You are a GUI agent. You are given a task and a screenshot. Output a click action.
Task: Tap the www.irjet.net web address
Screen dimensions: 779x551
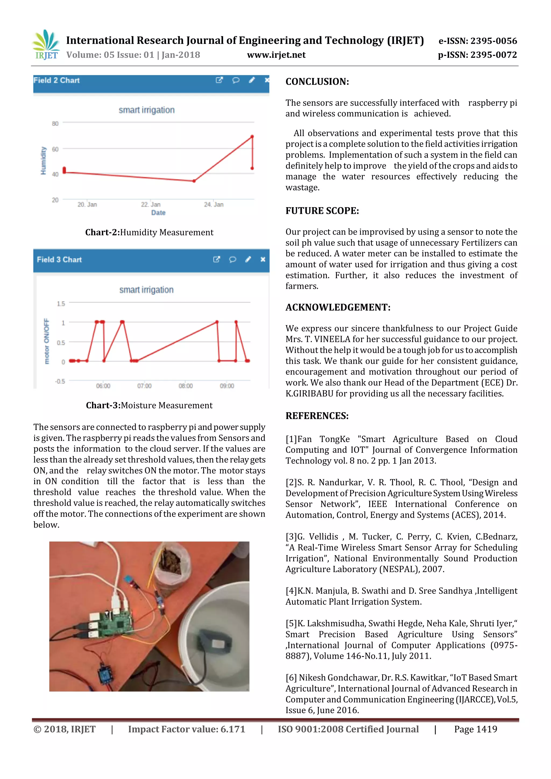pos(276,55)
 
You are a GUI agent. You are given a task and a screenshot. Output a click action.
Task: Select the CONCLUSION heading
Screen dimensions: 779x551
pos(317,82)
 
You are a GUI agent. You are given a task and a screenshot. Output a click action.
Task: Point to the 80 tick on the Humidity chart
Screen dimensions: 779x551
pos(55,123)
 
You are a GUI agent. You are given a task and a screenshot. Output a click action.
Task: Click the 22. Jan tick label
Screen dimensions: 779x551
pos(151,204)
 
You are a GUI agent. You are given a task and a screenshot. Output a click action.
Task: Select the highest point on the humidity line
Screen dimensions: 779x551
pos(252,136)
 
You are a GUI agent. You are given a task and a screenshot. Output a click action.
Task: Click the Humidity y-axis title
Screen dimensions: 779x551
pos(43,161)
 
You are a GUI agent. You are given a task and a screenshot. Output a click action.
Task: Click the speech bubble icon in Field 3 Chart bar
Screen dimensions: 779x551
pos(232,260)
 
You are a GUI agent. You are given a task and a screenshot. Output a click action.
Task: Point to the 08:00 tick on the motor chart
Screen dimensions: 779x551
pos(186,386)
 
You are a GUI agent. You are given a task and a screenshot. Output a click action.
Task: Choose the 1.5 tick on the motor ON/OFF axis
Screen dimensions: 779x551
pos(61,304)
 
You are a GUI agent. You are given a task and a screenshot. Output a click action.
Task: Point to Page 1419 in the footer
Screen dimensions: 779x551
pos(475,730)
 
